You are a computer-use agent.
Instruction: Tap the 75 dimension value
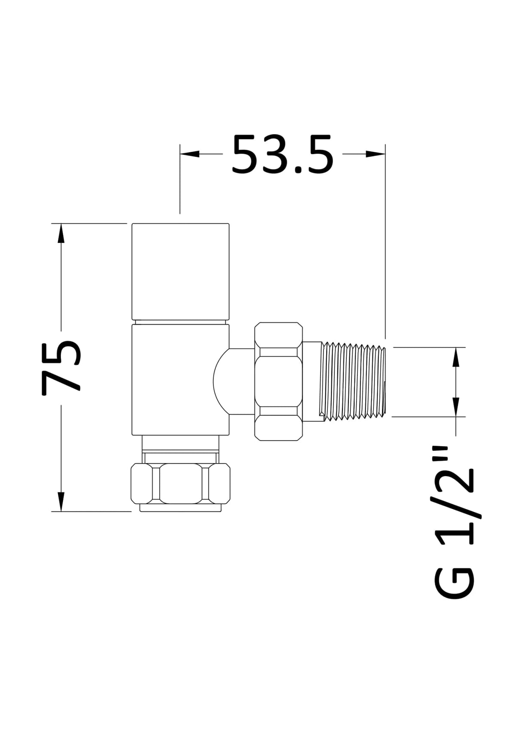tap(61, 368)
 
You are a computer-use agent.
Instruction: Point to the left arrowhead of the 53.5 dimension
tap(189, 154)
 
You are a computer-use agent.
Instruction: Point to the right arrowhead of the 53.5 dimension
tap(376, 154)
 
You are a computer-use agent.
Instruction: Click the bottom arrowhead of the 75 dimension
tap(61, 501)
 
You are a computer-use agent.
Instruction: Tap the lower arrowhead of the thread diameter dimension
tap(456, 407)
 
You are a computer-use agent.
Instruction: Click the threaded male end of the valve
tap(354, 381)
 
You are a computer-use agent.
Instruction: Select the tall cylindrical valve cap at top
tap(180, 271)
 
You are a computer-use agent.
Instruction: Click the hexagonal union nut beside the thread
tap(278, 381)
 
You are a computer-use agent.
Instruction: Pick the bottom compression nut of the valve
tap(180, 483)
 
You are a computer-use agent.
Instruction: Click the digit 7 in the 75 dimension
tap(61, 382)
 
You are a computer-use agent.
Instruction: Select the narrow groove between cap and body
tap(180, 322)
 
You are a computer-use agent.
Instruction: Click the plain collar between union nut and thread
tap(312, 381)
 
